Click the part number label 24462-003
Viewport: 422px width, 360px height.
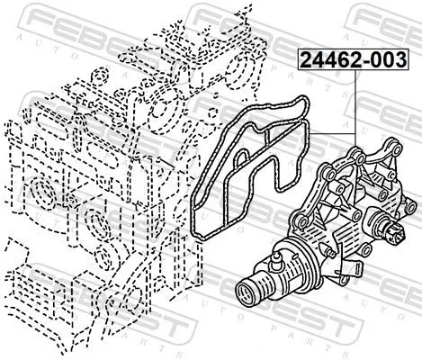tap(346, 61)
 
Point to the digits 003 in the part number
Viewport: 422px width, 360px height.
tap(384, 61)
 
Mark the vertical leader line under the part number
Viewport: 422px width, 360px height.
tap(355, 103)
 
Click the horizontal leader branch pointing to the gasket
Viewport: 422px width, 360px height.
tap(333, 130)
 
